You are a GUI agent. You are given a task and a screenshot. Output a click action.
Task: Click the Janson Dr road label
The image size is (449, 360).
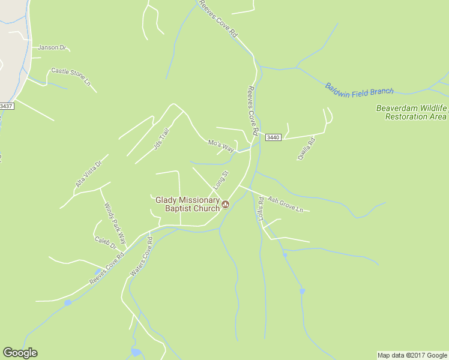tap(51, 47)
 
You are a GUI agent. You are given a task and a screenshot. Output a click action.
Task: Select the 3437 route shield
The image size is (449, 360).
tap(6, 106)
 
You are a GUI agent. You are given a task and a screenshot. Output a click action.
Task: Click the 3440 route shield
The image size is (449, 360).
tap(273, 137)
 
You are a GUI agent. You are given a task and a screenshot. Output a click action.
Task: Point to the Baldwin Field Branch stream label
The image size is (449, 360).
tap(360, 89)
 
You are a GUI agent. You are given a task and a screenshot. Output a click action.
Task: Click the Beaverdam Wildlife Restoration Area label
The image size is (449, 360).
tap(412, 112)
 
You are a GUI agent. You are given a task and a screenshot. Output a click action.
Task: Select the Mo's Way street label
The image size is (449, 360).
tap(220, 145)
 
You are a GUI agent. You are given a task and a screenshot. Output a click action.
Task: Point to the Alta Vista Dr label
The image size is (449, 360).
tap(89, 174)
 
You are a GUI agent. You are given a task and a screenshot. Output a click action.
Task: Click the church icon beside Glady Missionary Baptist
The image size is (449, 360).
tap(226, 205)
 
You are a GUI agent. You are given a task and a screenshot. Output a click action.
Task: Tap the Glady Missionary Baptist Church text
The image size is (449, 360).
tap(187, 204)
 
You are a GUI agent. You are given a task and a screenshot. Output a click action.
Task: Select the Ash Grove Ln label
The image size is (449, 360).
tap(285, 204)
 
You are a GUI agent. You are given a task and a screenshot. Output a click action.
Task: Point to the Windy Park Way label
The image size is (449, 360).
tap(115, 223)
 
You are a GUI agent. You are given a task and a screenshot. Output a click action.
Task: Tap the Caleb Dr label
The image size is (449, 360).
tap(104, 242)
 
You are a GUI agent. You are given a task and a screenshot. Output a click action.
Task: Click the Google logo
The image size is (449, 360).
tap(20, 353)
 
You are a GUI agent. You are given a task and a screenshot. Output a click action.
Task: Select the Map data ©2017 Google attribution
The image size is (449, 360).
tap(412, 355)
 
